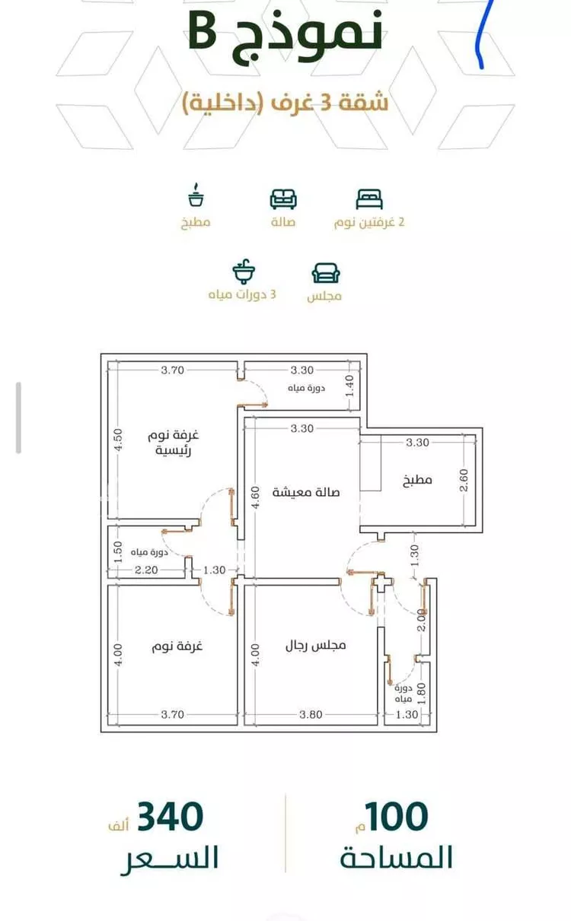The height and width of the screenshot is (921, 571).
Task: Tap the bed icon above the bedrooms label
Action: coord(369,199)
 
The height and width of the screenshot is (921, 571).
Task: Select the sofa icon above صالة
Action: coord(283,199)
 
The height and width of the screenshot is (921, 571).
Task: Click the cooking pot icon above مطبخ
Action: coord(196,195)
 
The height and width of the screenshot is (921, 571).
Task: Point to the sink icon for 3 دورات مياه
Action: coord(244,272)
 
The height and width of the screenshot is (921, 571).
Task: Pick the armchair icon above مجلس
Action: coord(326,273)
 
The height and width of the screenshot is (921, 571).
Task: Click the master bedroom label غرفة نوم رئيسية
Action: coord(174,443)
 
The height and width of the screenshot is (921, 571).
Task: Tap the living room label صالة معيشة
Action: coord(306,492)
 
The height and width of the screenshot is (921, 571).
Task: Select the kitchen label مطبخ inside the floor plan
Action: coord(417,480)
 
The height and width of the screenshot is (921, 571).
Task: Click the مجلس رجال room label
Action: coord(316,646)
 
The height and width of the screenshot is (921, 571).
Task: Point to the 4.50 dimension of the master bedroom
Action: coord(118,440)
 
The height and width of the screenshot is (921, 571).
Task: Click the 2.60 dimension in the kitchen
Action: coord(464,480)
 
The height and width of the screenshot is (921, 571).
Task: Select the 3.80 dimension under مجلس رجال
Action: coord(311,714)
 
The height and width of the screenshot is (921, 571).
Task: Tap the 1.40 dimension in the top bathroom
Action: coord(349,386)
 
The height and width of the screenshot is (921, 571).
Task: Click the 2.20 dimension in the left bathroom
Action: coord(146,570)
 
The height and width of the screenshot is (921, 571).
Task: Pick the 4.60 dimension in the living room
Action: coord(255,497)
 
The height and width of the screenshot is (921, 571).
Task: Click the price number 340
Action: coord(170,817)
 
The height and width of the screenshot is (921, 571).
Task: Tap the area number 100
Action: coord(397,817)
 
